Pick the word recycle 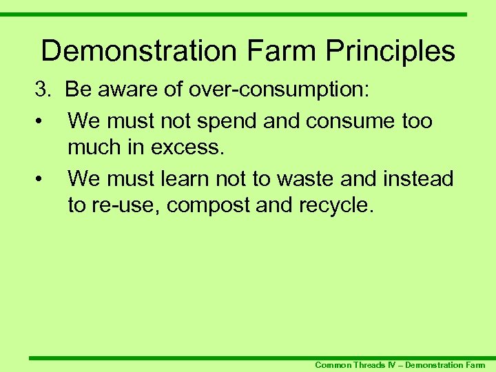[x=335, y=205]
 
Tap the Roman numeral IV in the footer [x=394, y=365]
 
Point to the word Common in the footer [x=333, y=365]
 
